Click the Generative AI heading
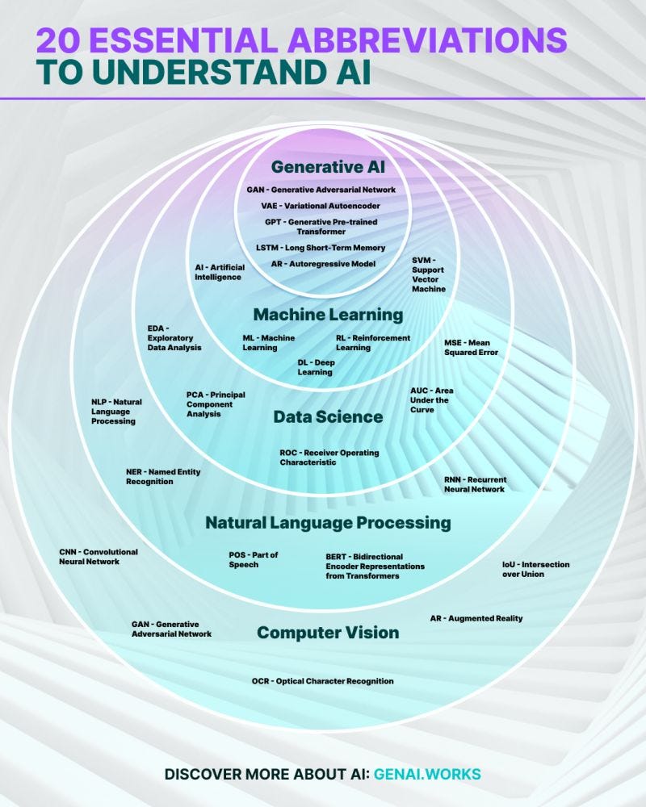(328, 167)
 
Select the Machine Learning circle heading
(328, 315)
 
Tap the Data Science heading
(328, 416)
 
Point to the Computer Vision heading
(328, 632)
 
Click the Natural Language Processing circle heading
(328, 522)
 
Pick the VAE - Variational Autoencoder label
(321, 206)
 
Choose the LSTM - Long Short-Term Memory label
(321, 248)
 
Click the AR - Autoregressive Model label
(323, 264)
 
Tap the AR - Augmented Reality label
(476, 618)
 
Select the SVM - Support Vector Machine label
(429, 274)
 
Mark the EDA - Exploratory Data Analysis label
(174, 337)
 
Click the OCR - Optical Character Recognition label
(322, 681)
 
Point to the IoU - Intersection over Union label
(535, 569)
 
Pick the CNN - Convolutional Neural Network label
(99, 556)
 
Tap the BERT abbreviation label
(375, 567)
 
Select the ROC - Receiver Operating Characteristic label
(329, 458)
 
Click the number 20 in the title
(59, 40)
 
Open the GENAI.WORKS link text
(427, 774)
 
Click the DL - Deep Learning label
(316, 367)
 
